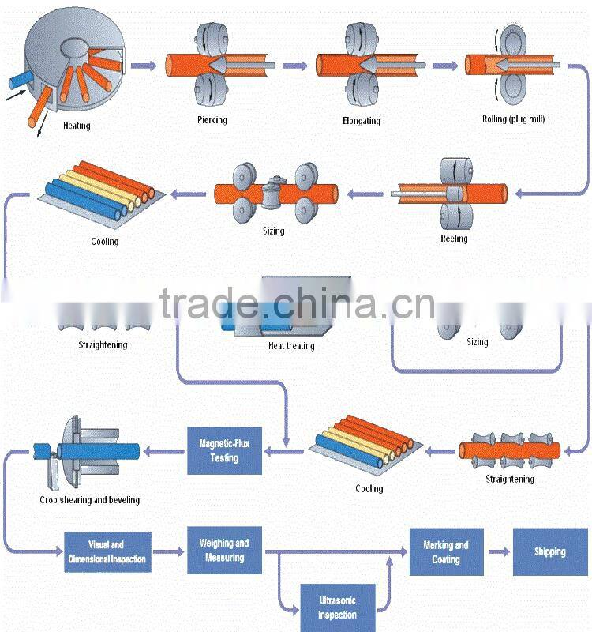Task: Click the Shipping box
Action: pyautogui.click(x=550, y=551)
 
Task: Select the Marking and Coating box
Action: pyautogui.click(x=445, y=551)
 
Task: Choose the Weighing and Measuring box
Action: pyautogui.click(x=224, y=551)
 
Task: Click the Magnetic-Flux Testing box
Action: pyautogui.click(x=224, y=450)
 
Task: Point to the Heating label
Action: pyautogui.click(x=77, y=126)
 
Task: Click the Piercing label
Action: pyautogui.click(x=212, y=120)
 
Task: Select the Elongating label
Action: pyautogui.click(x=362, y=121)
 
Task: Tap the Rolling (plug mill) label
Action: pyautogui.click(x=513, y=119)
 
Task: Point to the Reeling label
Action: pyautogui.click(x=454, y=239)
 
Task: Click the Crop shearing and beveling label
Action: pyautogui.click(x=89, y=499)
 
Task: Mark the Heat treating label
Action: pyautogui.click(x=291, y=346)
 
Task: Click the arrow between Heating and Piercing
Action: pyautogui.click(x=144, y=66)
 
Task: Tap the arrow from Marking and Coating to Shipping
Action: pyautogui.click(x=496, y=551)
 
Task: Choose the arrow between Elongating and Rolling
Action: pyautogui.click(x=444, y=66)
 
